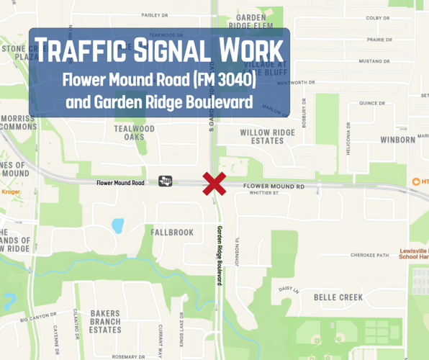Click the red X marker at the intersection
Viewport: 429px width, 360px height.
[x=214, y=184]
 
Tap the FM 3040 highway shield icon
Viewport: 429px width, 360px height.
[x=166, y=181]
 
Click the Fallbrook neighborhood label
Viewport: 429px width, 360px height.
[x=172, y=233]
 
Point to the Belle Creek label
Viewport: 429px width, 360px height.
[x=338, y=297]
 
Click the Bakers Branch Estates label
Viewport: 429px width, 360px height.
[x=105, y=322]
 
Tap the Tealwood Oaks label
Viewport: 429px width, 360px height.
[x=134, y=132]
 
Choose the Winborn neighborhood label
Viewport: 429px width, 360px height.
[x=398, y=139]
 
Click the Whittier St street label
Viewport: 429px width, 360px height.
[x=264, y=193]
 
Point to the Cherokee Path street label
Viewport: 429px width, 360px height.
[x=369, y=255]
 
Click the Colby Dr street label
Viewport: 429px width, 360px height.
[x=377, y=18]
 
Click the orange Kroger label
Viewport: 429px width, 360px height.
[x=11, y=192]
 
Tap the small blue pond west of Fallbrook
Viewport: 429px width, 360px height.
[x=117, y=225]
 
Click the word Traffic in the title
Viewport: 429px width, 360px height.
[x=81, y=52]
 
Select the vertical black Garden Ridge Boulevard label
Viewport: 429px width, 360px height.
[x=219, y=256]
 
